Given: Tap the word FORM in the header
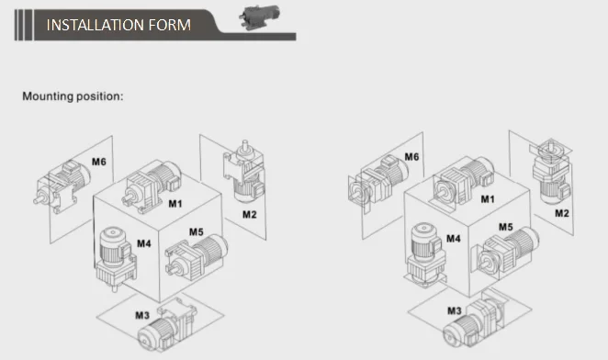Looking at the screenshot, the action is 170,25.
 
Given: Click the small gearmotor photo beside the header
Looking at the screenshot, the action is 259,17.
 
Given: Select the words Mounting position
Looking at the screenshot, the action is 73,96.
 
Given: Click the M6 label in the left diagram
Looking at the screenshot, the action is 99,162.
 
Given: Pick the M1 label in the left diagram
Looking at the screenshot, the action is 175,204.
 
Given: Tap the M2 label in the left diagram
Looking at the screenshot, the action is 249,215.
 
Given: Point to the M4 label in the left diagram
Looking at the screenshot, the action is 144,243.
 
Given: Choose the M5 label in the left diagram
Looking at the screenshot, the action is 197,232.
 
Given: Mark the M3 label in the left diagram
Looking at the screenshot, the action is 142,315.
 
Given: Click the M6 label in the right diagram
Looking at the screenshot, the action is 411,157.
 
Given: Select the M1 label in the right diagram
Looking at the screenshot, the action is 488,199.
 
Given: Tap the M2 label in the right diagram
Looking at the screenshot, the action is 562,213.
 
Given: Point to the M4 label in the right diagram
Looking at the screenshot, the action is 454,238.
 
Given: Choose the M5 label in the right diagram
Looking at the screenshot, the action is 506,227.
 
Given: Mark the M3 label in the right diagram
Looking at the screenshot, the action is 455,310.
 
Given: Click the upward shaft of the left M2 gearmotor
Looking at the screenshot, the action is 244,145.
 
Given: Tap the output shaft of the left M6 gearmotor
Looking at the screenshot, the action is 38,200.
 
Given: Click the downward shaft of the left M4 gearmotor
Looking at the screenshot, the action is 115,287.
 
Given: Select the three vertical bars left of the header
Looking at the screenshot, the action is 24,25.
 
